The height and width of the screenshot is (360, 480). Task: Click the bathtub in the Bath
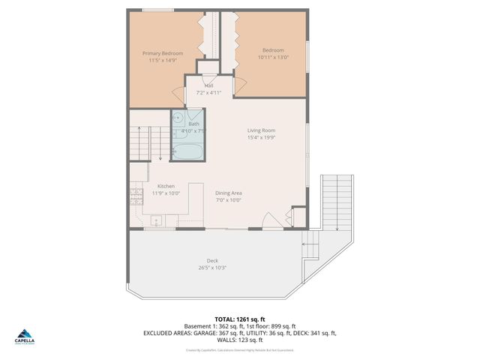187,151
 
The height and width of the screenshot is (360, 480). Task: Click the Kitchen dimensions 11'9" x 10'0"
166,193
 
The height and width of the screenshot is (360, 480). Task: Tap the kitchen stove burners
136,196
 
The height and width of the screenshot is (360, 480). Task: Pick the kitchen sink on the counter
157,220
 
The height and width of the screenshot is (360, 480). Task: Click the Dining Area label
228,193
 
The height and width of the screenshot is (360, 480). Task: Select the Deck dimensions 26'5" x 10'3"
212,268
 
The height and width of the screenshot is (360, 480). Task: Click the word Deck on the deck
212,261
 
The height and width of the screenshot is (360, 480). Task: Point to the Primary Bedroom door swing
178,94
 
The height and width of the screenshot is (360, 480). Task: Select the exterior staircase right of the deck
336,202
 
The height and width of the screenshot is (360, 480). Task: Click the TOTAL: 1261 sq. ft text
240,319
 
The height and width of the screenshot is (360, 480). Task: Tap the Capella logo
25,337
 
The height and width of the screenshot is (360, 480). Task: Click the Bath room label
193,124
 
